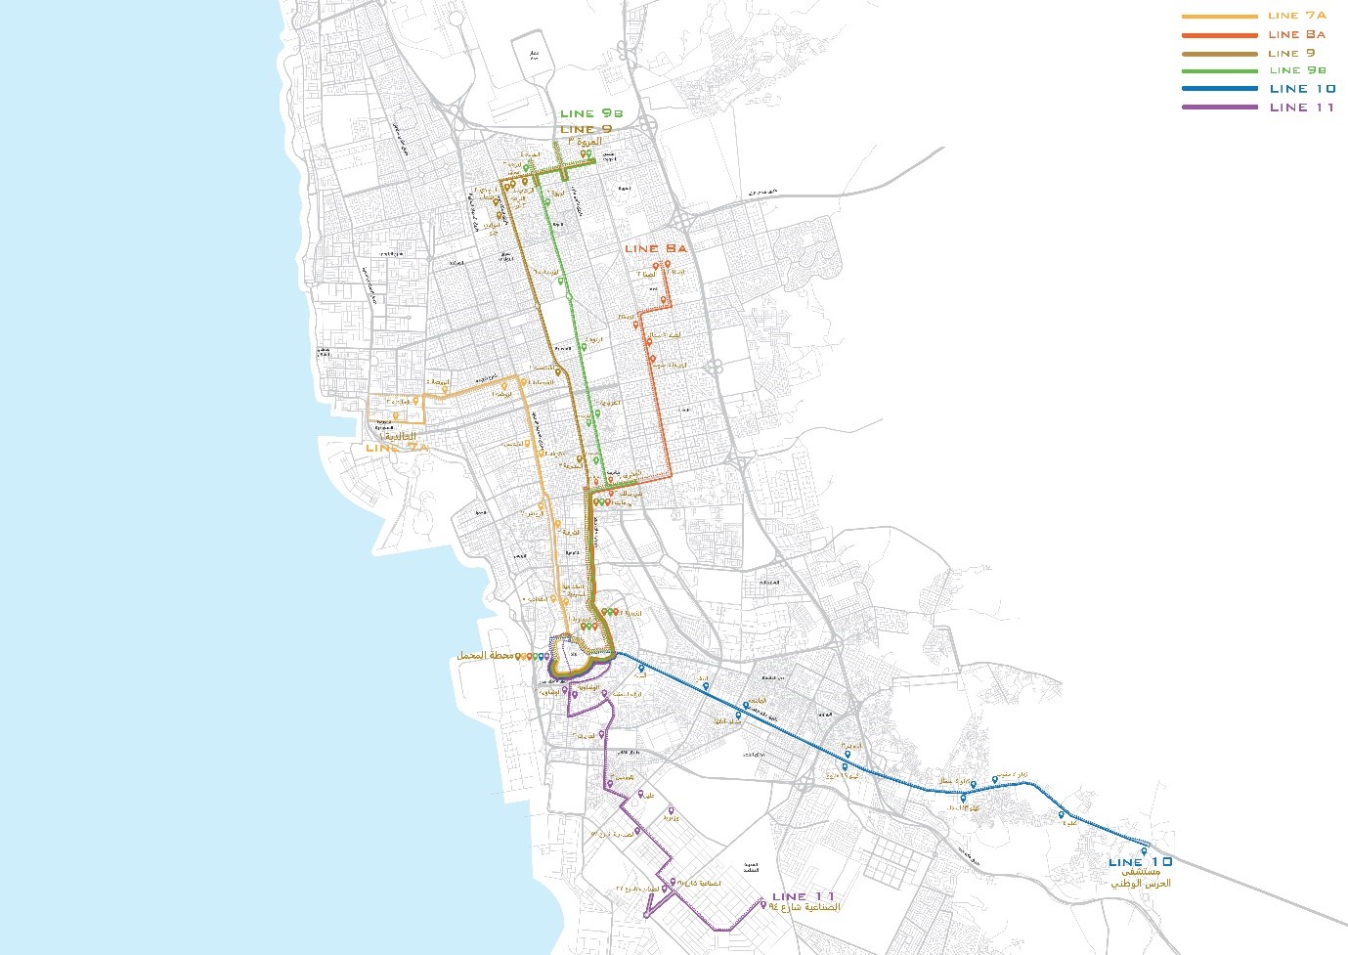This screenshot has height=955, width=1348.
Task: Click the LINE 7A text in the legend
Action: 1296,16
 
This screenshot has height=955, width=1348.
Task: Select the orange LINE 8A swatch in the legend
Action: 1219,35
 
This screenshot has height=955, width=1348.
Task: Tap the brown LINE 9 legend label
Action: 1291,53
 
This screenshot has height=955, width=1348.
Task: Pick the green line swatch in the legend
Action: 1219,71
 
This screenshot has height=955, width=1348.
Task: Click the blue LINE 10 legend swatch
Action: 1219,89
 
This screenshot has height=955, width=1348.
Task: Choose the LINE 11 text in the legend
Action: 1301,108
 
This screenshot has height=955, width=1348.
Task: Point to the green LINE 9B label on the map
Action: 590,114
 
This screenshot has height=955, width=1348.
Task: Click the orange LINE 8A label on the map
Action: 655,249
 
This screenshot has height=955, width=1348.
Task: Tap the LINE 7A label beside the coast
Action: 396,448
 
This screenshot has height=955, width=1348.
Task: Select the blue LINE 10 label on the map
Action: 1140,862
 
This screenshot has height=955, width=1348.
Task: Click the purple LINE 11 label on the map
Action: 804,896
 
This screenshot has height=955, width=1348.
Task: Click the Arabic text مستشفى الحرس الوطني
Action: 1140,878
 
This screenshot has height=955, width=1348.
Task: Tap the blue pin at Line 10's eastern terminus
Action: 1144,850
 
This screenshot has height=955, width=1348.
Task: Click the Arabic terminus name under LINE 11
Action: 804,908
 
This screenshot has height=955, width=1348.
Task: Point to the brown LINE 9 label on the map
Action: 586,129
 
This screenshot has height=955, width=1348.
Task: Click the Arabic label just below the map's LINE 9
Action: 585,142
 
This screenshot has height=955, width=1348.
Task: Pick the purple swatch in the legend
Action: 1219,108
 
